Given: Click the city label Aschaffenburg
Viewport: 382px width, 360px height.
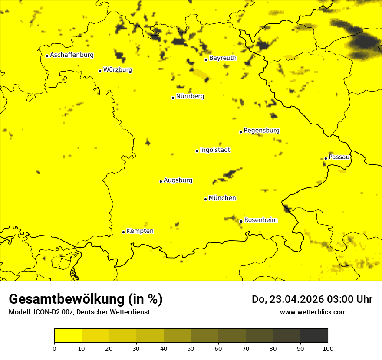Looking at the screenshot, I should coord(72,55).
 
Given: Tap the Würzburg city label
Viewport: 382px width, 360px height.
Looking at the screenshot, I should coord(118,70).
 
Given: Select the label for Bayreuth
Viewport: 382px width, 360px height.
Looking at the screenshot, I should coord(223,58).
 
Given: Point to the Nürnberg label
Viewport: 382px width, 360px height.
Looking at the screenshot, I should coord(190,96).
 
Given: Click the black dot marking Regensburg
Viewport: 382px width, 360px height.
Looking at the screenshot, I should coord(240,132).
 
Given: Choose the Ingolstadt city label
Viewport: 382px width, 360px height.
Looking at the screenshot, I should coord(215,150).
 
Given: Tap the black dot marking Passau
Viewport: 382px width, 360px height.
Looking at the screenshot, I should coord(326,158).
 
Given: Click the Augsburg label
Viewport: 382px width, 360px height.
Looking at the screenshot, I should coord(178,180).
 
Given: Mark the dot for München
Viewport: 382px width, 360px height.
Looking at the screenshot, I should coord(205,199).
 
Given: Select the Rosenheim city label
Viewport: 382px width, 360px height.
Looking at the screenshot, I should coord(260,220).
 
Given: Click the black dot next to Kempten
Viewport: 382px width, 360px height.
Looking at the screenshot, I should coord(123,232).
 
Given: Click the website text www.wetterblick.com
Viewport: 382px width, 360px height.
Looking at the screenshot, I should coord(313,312).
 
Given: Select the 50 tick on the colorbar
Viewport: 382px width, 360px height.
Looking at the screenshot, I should coord(191,348).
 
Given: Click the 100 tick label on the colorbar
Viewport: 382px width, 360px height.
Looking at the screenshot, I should coord(328,348).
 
